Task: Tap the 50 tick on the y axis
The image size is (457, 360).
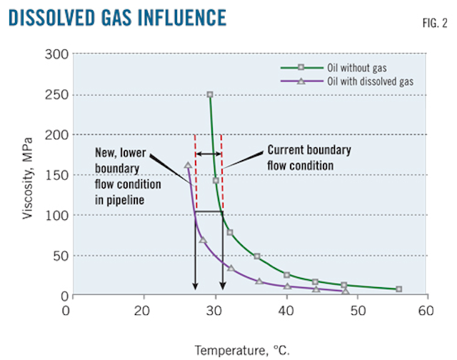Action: click(57, 256)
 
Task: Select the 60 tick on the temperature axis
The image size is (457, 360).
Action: click(426, 310)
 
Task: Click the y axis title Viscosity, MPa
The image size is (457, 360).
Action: click(27, 175)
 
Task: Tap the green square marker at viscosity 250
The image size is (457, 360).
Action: click(210, 94)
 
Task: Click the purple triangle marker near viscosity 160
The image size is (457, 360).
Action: click(188, 166)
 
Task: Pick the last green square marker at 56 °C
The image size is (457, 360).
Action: click(398, 289)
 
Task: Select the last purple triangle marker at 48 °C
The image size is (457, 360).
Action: click(346, 291)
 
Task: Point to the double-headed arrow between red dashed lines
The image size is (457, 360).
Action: click(209, 154)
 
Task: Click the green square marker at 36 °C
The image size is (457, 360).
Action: click(257, 256)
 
